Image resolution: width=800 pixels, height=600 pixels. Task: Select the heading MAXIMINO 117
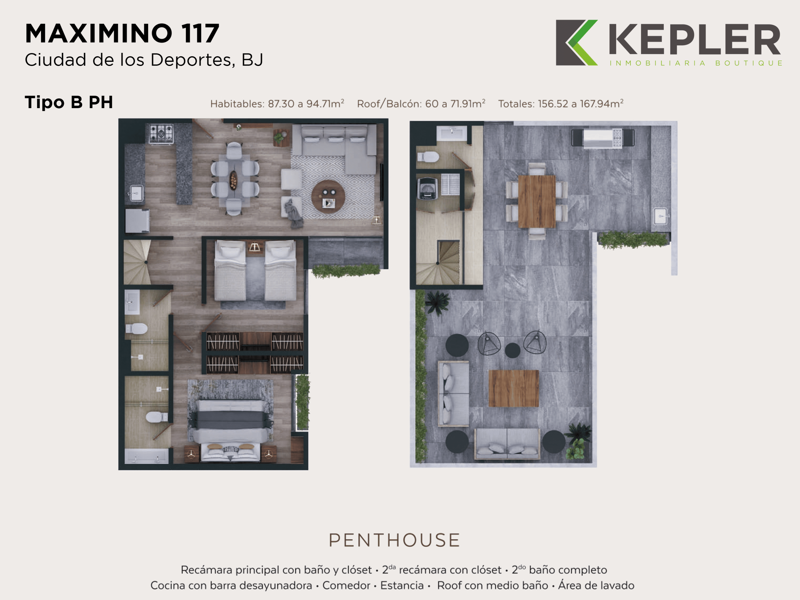tap(122, 34)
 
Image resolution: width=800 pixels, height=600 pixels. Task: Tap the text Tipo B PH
tap(69, 102)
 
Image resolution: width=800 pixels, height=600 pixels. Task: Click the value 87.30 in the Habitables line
tap(281, 104)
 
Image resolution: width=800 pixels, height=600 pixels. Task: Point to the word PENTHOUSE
tap(394, 540)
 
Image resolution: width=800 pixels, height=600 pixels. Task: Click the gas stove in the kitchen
tap(161, 133)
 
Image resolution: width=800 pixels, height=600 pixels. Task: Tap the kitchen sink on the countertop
tap(136, 193)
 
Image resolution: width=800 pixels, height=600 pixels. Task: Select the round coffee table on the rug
tap(328, 197)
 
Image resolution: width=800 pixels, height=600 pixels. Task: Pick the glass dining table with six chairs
tap(234, 179)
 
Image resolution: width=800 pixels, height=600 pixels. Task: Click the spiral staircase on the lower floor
tap(137, 262)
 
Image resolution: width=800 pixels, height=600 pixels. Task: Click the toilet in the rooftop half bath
tap(428, 157)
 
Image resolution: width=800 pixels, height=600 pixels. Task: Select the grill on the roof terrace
tap(602, 138)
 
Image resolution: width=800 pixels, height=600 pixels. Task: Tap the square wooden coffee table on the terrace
tap(513, 388)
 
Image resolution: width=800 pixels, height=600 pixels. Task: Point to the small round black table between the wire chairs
tap(512, 350)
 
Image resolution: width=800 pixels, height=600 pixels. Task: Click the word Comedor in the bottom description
tap(346, 586)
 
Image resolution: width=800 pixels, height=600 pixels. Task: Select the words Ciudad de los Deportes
tap(130, 60)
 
